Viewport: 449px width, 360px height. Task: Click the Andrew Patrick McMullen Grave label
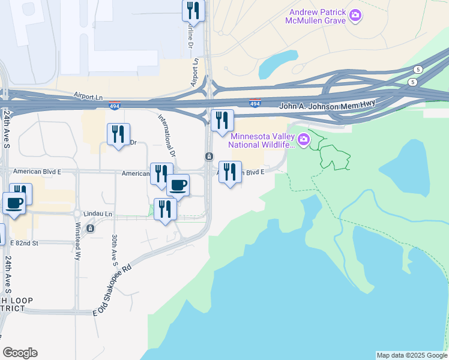[x=318, y=16]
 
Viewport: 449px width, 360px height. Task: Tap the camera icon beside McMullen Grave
[x=355, y=16]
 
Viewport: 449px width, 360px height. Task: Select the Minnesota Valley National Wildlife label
[x=263, y=140]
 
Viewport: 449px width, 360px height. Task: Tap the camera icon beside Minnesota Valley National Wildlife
[x=304, y=140]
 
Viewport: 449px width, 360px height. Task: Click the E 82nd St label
[x=24, y=242]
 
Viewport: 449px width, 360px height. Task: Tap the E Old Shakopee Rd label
[x=112, y=290]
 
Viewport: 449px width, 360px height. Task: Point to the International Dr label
[x=167, y=134]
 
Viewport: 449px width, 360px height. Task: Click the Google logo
[x=20, y=353]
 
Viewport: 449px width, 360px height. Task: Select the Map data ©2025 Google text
[x=411, y=355]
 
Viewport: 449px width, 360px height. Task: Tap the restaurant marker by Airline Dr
[x=193, y=10]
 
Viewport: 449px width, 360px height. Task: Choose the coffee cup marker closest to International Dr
[x=178, y=185]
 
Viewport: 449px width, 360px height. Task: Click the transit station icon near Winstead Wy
[x=90, y=228]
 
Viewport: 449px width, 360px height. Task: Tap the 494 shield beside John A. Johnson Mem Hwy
[x=255, y=103]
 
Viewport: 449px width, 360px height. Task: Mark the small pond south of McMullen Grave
[x=279, y=62]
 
